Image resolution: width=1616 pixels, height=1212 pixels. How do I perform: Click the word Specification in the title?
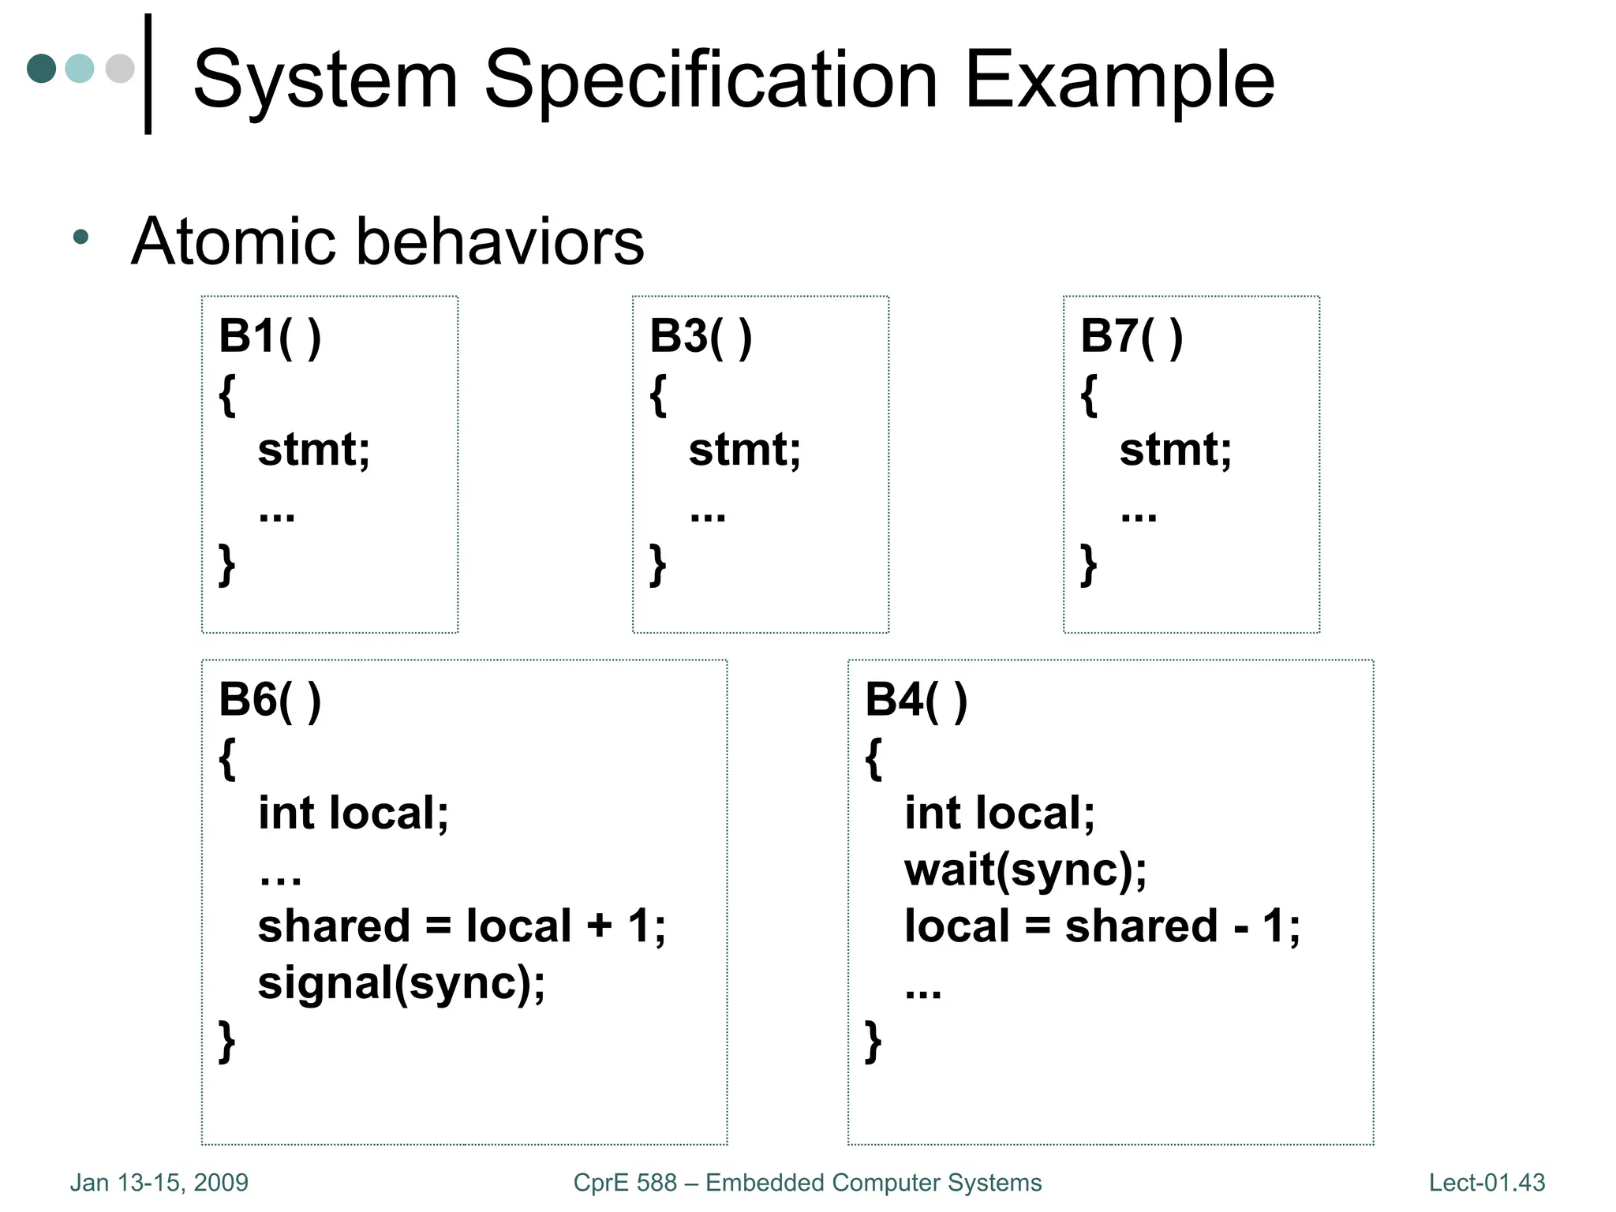[x=710, y=81]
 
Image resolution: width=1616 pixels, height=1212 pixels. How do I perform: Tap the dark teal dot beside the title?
[x=41, y=69]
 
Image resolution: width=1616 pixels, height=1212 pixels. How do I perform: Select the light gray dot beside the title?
[x=120, y=69]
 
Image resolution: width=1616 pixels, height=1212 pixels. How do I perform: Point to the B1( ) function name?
[x=270, y=337]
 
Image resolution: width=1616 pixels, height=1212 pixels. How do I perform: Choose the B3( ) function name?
[x=701, y=337]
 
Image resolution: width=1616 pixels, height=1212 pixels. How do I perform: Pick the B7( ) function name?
[x=1132, y=337]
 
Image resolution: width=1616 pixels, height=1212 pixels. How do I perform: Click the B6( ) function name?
[x=270, y=701]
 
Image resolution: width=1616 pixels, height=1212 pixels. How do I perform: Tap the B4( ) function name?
[x=916, y=701]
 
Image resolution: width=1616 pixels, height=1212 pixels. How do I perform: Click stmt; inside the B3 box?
[x=744, y=450]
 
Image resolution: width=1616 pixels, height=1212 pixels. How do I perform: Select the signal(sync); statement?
[x=401, y=984]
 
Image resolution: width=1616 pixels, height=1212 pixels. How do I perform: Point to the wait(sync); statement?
[x=1025, y=870]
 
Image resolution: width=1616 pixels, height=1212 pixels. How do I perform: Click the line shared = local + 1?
[x=462, y=926]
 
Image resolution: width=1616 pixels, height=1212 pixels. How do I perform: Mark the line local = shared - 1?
[x=1102, y=926]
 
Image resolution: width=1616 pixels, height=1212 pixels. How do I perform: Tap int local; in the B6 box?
[x=353, y=814]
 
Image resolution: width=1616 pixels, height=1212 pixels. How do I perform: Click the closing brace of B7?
[x=1089, y=565]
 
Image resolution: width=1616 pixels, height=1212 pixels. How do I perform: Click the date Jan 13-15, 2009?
[x=159, y=1183]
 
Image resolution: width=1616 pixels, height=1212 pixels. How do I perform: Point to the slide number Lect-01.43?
[x=1487, y=1183]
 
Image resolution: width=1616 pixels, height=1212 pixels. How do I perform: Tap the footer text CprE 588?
[x=625, y=1183]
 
